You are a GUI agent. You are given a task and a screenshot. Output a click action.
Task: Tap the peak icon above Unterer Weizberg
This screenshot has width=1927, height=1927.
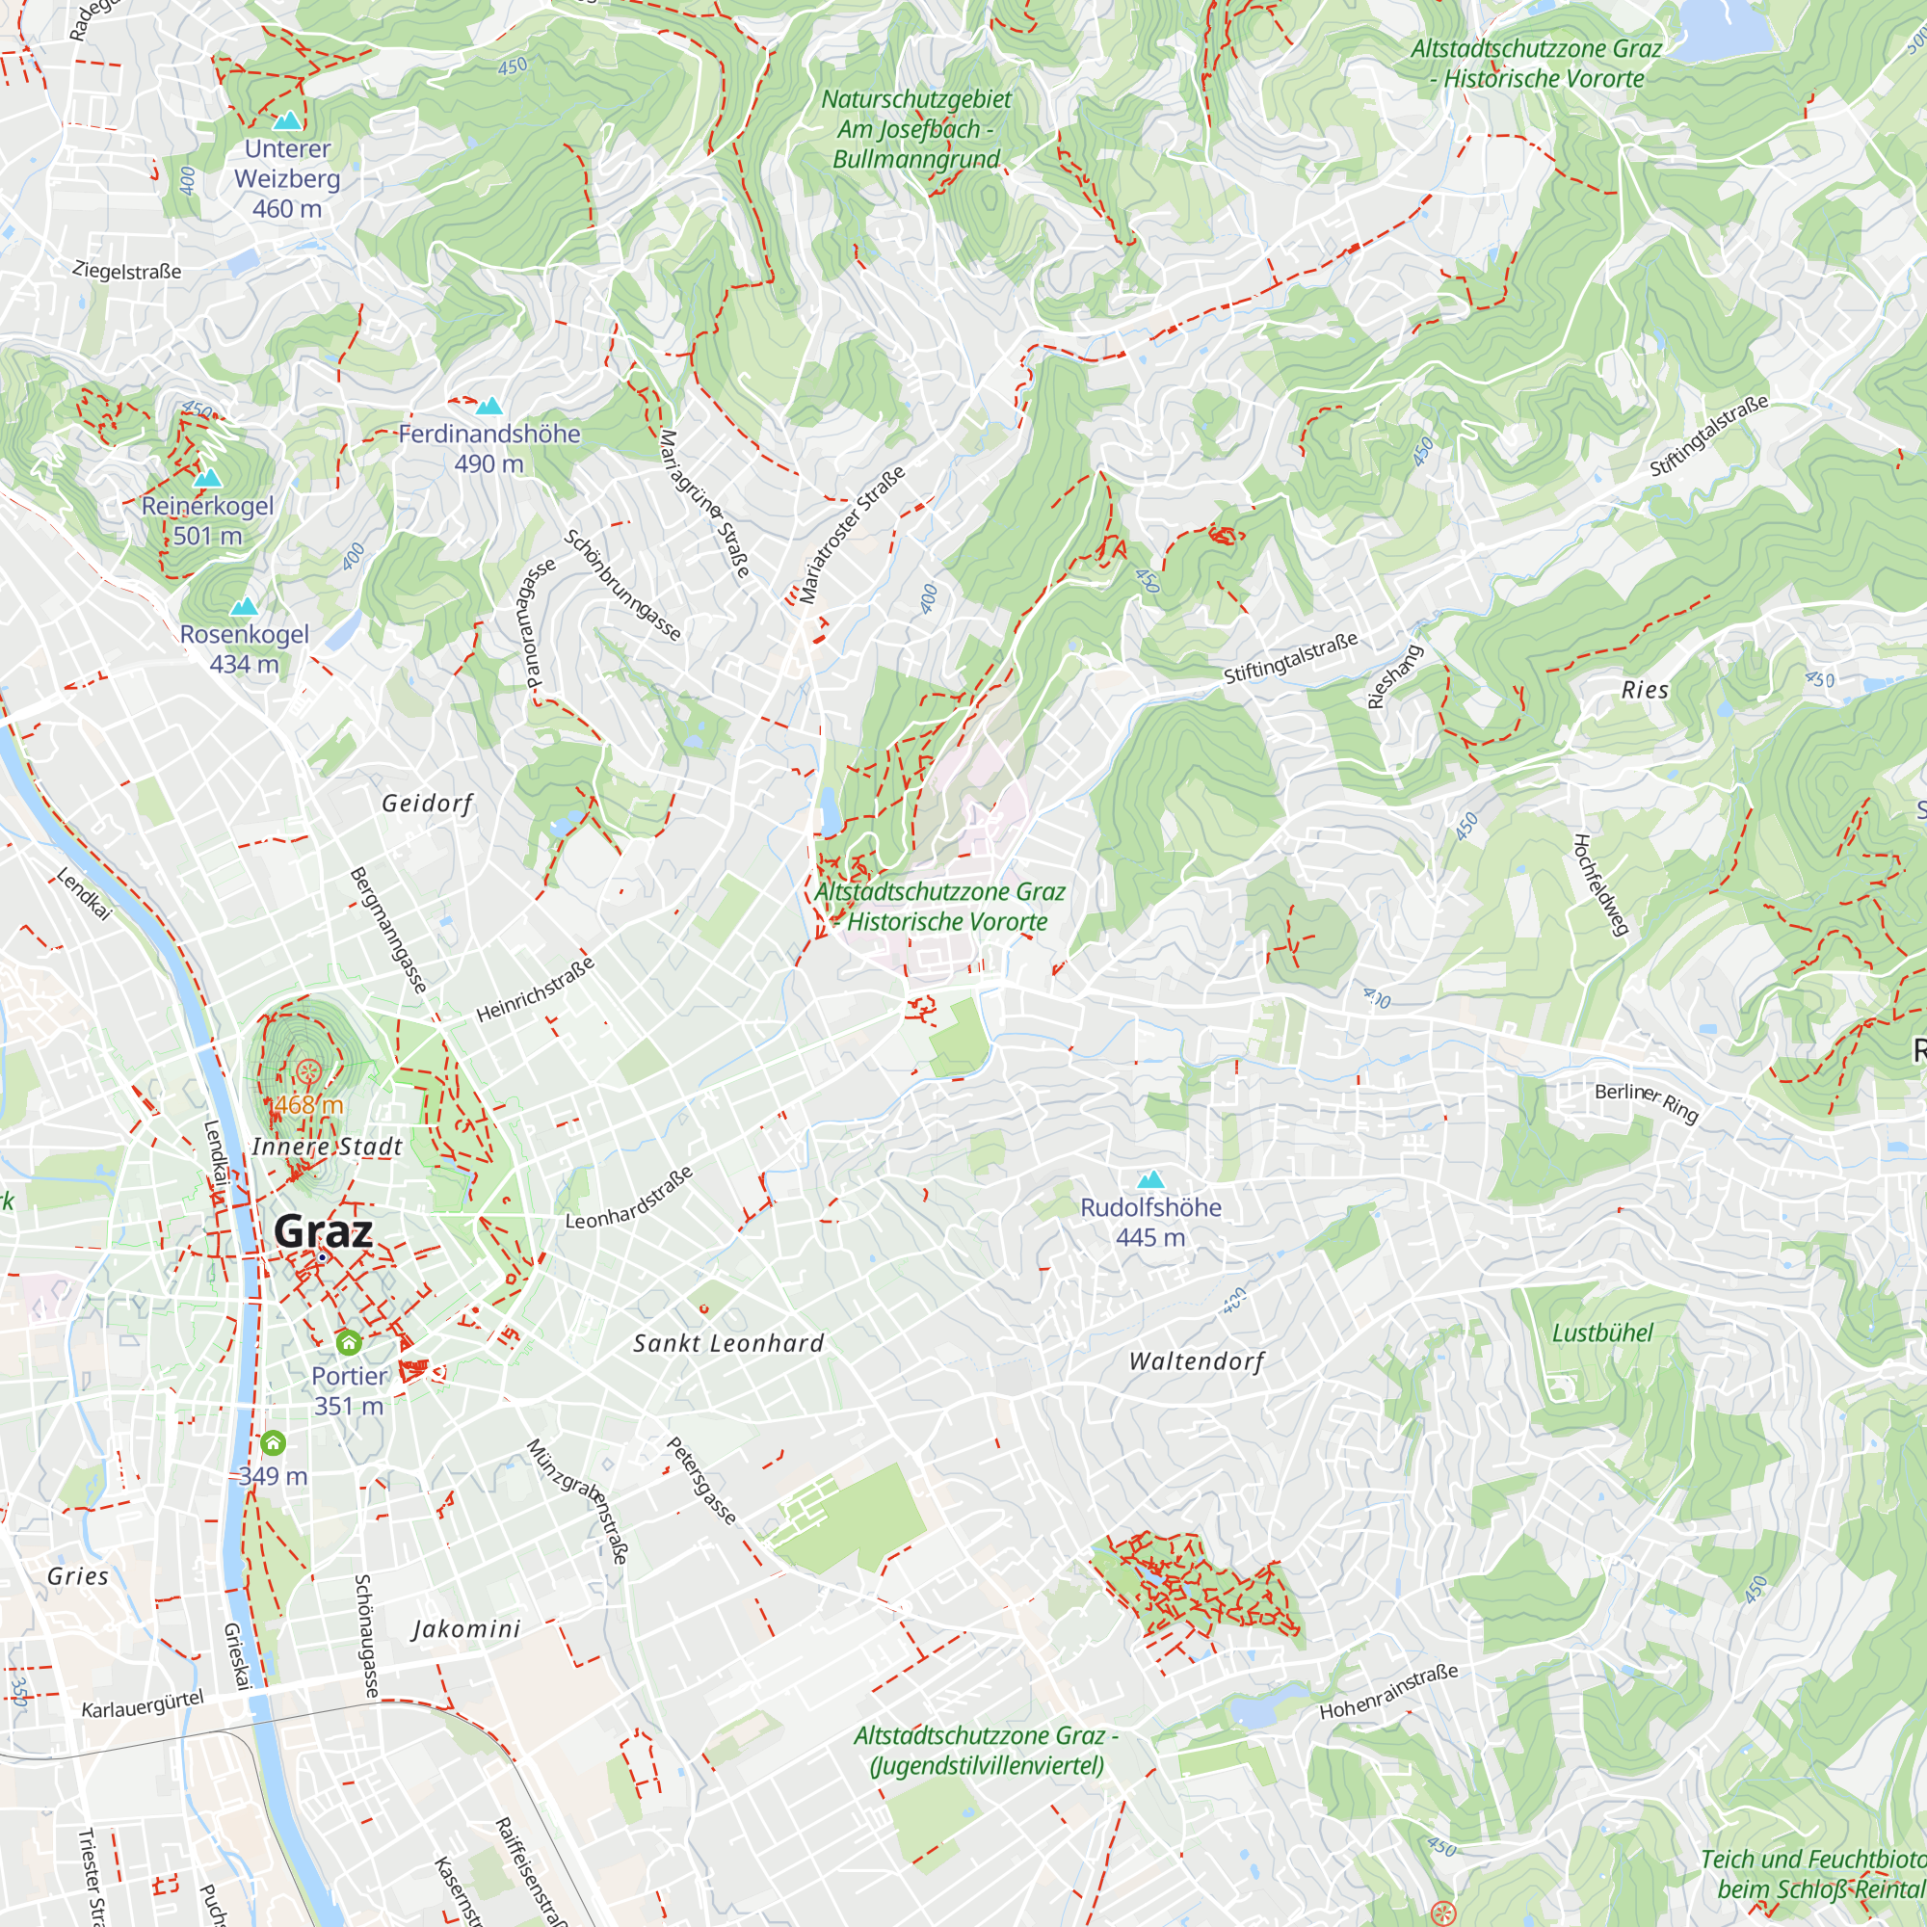pos(287,121)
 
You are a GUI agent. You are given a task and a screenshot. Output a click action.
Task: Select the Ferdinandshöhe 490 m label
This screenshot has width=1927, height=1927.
pos(488,448)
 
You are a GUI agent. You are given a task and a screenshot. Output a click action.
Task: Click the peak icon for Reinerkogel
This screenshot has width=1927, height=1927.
pos(207,479)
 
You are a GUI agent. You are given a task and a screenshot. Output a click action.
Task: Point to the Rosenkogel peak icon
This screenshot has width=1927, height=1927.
pos(244,606)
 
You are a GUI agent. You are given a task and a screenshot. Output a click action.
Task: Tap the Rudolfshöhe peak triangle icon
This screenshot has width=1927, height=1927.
pos(1150,1180)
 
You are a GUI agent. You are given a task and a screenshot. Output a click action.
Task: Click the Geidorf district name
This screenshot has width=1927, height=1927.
pos(427,804)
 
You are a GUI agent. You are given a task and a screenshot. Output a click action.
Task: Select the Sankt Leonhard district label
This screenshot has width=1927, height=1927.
pos(728,1343)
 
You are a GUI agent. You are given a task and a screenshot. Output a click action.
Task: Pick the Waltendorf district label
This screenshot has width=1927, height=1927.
pos(1196,1361)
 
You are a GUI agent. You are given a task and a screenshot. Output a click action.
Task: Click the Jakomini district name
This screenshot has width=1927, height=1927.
pos(465,1628)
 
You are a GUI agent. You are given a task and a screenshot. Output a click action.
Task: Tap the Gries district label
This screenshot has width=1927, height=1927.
pos(78,1576)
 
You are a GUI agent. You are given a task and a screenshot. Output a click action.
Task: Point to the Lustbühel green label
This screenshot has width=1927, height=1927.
pos(1602,1333)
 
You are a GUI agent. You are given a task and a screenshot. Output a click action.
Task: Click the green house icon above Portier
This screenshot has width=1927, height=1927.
pos(348,1343)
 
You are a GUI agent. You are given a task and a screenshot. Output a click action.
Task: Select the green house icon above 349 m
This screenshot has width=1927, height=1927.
pos(273,1442)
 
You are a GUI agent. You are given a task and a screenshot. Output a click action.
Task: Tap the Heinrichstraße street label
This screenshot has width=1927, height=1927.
pos(536,990)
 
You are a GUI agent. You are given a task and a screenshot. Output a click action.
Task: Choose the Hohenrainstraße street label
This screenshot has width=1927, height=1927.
pos(1388,1692)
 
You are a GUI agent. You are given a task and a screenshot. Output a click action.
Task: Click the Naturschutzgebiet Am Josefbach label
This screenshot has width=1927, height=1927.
pos(915,129)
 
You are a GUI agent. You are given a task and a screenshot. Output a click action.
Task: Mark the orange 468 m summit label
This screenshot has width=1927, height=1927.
pos(308,1104)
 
